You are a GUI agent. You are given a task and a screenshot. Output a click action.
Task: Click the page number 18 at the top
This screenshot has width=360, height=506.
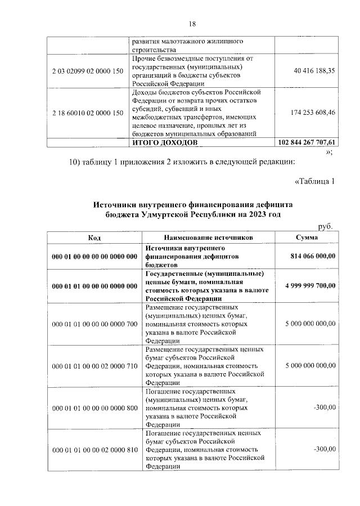(192, 24)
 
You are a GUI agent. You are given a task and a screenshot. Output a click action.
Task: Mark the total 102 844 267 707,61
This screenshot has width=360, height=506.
(307, 143)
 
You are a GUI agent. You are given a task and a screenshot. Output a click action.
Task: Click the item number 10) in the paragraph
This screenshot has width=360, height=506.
(76, 163)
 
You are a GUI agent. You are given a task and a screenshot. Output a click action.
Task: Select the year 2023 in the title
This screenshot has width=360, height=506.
(251, 216)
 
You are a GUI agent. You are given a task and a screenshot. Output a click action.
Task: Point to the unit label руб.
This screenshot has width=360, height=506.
(326, 226)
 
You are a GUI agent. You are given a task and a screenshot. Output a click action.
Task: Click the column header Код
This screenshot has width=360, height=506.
(94, 238)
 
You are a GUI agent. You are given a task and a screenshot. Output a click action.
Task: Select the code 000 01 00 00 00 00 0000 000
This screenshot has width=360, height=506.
(94, 256)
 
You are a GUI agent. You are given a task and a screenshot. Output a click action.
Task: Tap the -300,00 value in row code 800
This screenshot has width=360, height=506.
(325, 407)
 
